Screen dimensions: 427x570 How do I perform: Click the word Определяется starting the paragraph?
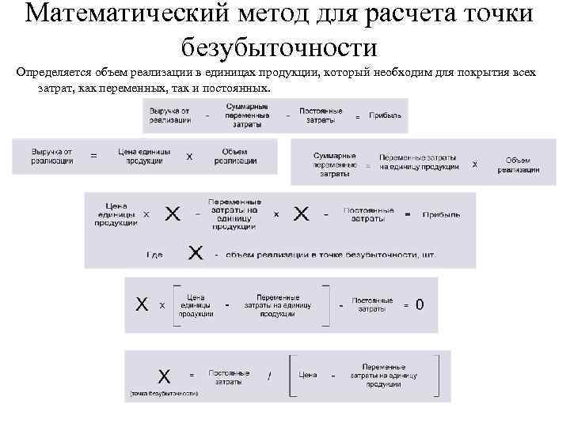[56, 73]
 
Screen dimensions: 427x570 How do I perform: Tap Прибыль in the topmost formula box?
[384, 115]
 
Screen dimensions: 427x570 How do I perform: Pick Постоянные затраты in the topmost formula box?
[321, 115]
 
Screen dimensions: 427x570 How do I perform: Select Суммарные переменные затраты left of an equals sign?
[334, 164]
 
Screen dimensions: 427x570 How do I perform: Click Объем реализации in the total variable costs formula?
[519, 164]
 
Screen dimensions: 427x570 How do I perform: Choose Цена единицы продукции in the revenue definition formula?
[144, 157]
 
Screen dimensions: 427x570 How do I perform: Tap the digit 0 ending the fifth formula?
[420, 304]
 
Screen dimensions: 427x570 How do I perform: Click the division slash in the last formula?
[269, 376]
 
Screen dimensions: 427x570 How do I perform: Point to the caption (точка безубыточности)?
[164, 393]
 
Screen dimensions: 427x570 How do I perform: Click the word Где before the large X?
[154, 255]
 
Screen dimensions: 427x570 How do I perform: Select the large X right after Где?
[196, 253]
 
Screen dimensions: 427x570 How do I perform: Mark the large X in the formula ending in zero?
[142, 304]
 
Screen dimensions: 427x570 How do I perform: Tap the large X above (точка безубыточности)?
[164, 375]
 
